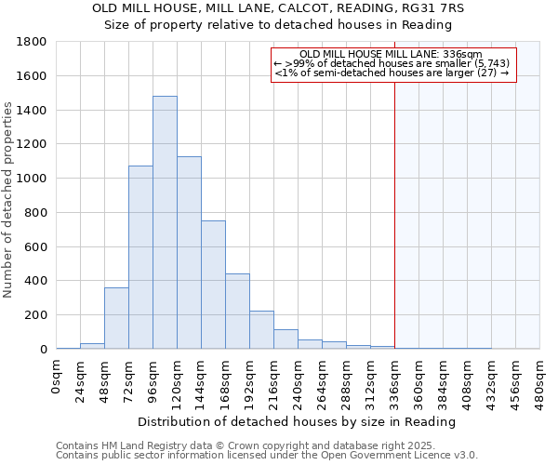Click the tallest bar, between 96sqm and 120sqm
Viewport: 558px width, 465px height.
click(165, 223)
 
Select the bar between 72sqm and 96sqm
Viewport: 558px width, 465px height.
click(140, 258)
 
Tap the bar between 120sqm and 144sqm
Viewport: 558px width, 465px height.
click(189, 253)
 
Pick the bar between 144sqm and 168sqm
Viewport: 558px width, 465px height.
click(213, 285)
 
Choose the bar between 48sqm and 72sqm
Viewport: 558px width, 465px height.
click(116, 318)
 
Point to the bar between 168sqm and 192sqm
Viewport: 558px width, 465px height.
click(237, 312)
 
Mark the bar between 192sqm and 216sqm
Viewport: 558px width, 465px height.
click(261, 330)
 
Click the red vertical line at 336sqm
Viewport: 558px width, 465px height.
click(394, 205)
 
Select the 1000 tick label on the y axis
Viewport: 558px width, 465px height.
click(33, 179)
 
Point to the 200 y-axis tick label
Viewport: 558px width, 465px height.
click(36, 315)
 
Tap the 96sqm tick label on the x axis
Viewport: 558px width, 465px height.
click(153, 377)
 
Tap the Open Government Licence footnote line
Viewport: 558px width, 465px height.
click(266, 455)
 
